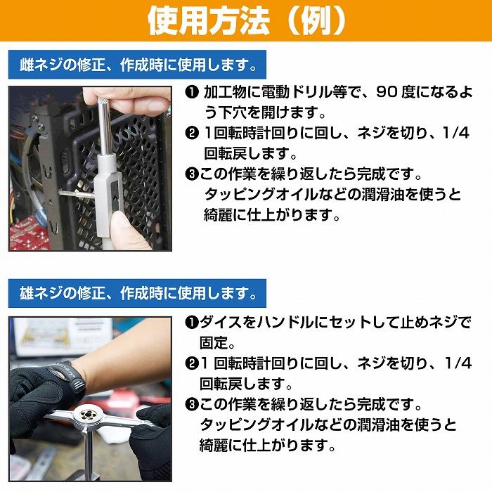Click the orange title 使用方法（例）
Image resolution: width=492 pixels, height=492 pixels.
point(246,21)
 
